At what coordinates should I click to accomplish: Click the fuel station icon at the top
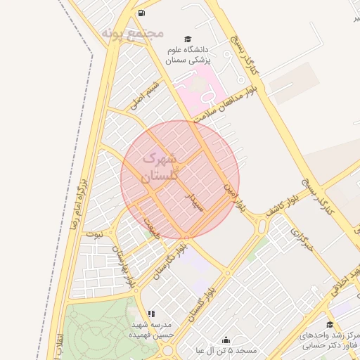pyautogui.click(x=142, y=13)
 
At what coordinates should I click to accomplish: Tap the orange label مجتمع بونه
pyautogui.click(x=132, y=33)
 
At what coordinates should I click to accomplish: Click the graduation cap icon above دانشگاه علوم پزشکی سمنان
pyautogui.click(x=187, y=39)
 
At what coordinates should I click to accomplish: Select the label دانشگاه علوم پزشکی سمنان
pyautogui.click(x=188, y=55)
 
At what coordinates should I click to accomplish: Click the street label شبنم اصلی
pyautogui.click(x=145, y=96)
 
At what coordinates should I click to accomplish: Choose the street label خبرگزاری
pyautogui.click(x=301, y=239)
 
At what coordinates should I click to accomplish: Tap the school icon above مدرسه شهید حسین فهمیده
pyautogui.click(x=150, y=314)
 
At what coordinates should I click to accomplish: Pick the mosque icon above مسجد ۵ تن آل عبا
pyautogui.click(x=226, y=340)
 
